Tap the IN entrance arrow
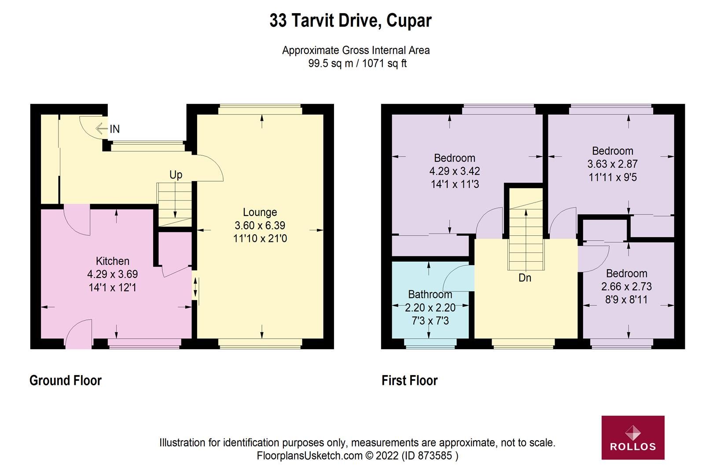click(x=102, y=129)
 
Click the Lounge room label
click(x=260, y=212)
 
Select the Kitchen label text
click(x=113, y=261)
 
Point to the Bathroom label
click(x=430, y=294)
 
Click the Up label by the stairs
click(x=176, y=175)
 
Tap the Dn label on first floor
click(x=525, y=278)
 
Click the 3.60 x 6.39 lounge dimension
click(x=260, y=226)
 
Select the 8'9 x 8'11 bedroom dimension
click(x=626, y=300)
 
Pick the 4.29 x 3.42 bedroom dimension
click(x=455, y=171)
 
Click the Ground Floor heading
click(x=66, y=380)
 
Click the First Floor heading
click(x=409, y=380)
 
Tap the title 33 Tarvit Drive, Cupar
click(x=350, y=21)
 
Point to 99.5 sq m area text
click(x=331, y=63)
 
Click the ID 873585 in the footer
click(x=430, y=456)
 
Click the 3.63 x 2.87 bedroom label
click(x=612, y=164)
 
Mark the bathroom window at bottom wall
click(x=430, y=345)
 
